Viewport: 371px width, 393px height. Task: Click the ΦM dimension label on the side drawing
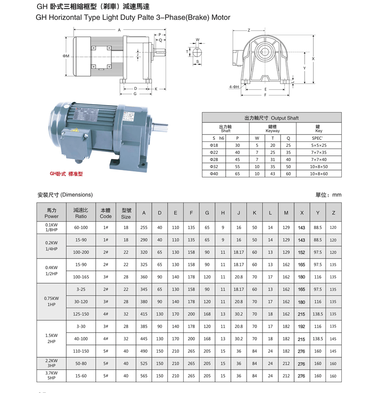[66, 56]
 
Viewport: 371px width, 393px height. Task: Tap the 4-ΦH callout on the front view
[234, 87]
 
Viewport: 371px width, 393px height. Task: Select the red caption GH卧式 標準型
[66, 175]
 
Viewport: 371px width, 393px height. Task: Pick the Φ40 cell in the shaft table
[214, 174]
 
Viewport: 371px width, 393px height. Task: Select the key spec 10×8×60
[320, 174]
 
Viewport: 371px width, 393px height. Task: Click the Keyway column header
[273, 128]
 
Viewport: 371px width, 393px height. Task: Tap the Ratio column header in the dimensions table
[81, 213]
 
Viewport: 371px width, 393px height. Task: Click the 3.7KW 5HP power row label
[51, 375]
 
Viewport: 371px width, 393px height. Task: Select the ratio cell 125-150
[81, 314]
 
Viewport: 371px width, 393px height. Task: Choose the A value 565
[144, 376]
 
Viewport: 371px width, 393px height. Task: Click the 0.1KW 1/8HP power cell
[51, 227]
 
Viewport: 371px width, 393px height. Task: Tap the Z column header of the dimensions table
[333, 213]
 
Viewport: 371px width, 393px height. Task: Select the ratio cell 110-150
[81, 351]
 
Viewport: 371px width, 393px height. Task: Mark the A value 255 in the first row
[144, 228]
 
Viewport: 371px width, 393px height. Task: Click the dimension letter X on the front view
[313, 59]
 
